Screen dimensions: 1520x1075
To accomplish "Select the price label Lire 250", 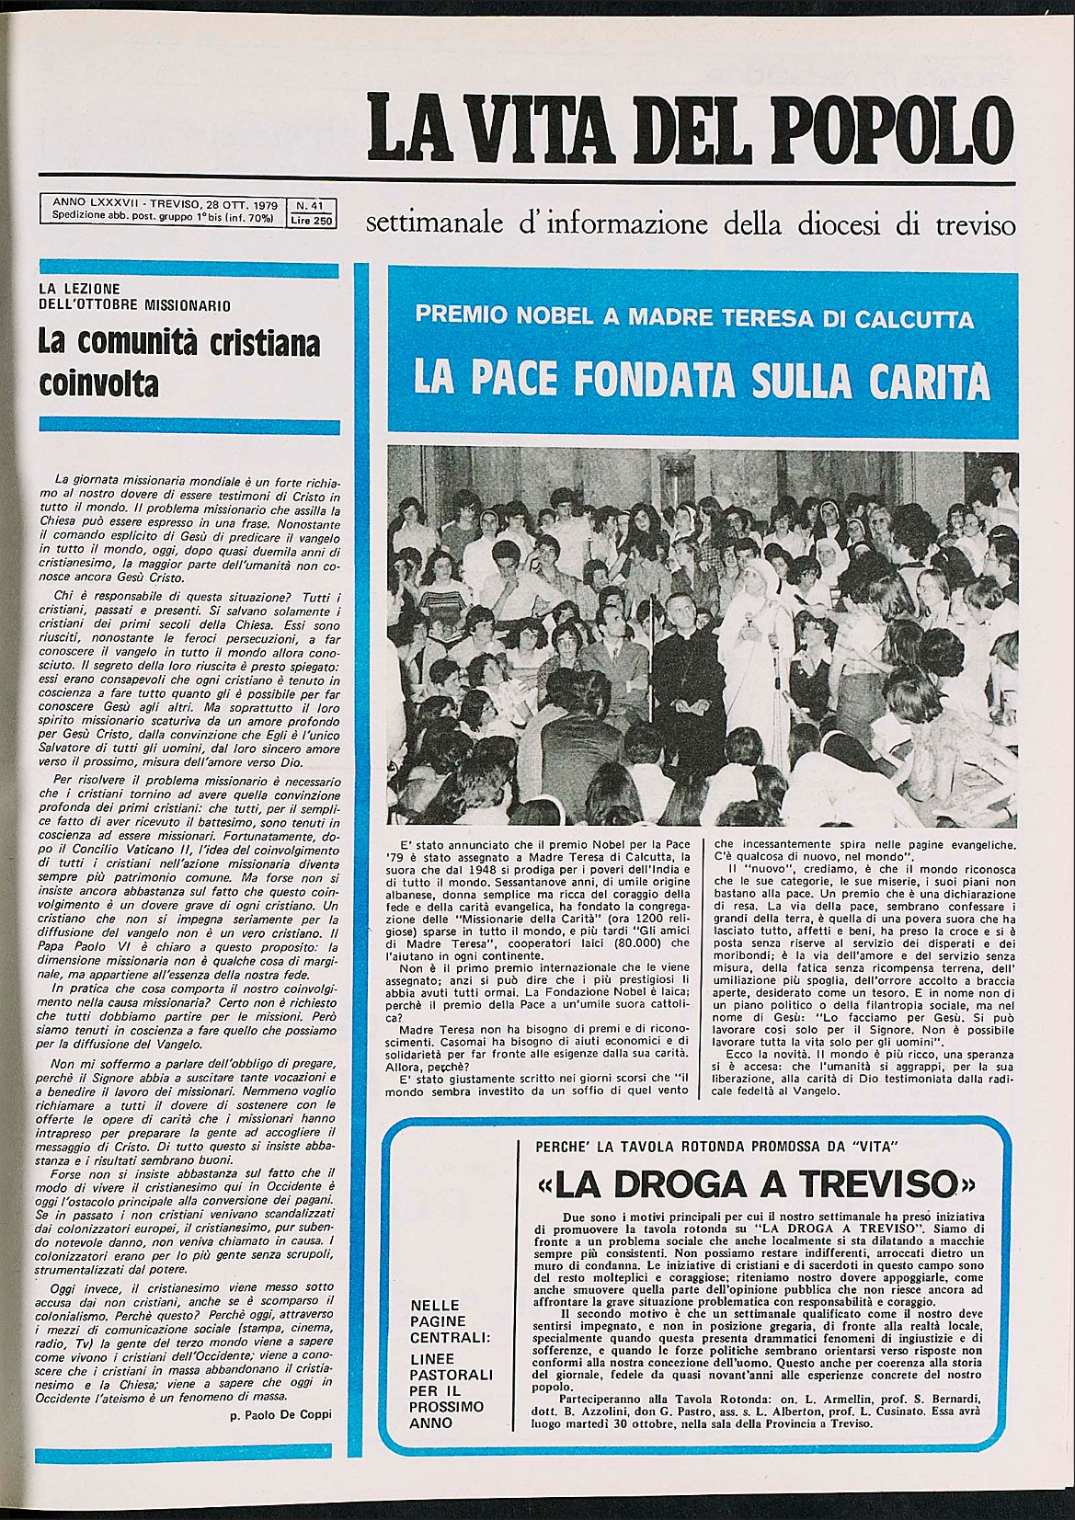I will [313, 220].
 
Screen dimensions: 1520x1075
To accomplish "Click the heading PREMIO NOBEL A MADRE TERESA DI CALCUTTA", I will [694, 318].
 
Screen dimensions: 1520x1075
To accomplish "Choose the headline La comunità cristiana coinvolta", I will [178, 362].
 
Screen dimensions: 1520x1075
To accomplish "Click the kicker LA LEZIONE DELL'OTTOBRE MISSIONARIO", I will [133, 296].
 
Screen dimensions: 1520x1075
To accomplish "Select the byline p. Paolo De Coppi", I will [280, 1414].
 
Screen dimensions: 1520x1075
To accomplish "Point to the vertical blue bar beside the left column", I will [361, 828].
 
